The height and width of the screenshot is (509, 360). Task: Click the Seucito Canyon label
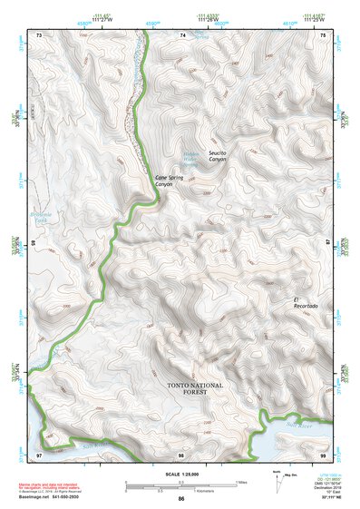[x=216, y=155]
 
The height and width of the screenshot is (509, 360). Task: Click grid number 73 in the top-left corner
[x=39, y=34]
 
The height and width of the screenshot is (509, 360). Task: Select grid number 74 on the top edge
[x=182, y=34]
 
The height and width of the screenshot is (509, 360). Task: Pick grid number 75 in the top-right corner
[x=325, y=34]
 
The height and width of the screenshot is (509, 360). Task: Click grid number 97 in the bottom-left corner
[x=39, y=453]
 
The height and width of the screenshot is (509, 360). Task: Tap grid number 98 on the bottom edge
[x=181, y=453]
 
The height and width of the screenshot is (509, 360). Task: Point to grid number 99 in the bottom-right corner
[x=324, y=453]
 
